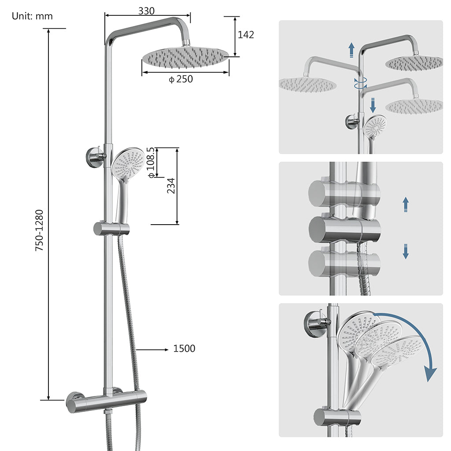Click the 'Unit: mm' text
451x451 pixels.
pyautogui.click(x=32, y=16)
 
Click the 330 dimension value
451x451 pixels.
pyautogui.click(x=146, y=11)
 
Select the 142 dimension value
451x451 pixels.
pyautogui.click(x=246, y=35)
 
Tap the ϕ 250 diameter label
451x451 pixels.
pyautogui.click(x=181, y=79)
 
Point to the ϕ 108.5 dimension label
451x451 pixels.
pyautogui.click(x=152, y=163)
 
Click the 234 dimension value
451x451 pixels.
pyautogui.click(x=171, y=185)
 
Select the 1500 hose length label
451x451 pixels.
pyautogui.click(x=184, y=349)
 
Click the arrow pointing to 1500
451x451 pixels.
pyautogui.click(x=152, y=349)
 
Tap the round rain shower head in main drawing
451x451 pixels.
pyautogui.click(x=185, y=57)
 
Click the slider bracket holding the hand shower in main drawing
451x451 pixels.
pyautogui.click(x=111, y=229)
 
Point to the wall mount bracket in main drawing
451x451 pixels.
pyautogui.click(x=95, y=157)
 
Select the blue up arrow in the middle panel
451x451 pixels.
pyautogui.click(x=406, y=205)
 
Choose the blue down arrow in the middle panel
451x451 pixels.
pyautogui.click(x=406, y=251)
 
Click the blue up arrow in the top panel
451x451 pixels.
pyautogui.click(x=351, y=50)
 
